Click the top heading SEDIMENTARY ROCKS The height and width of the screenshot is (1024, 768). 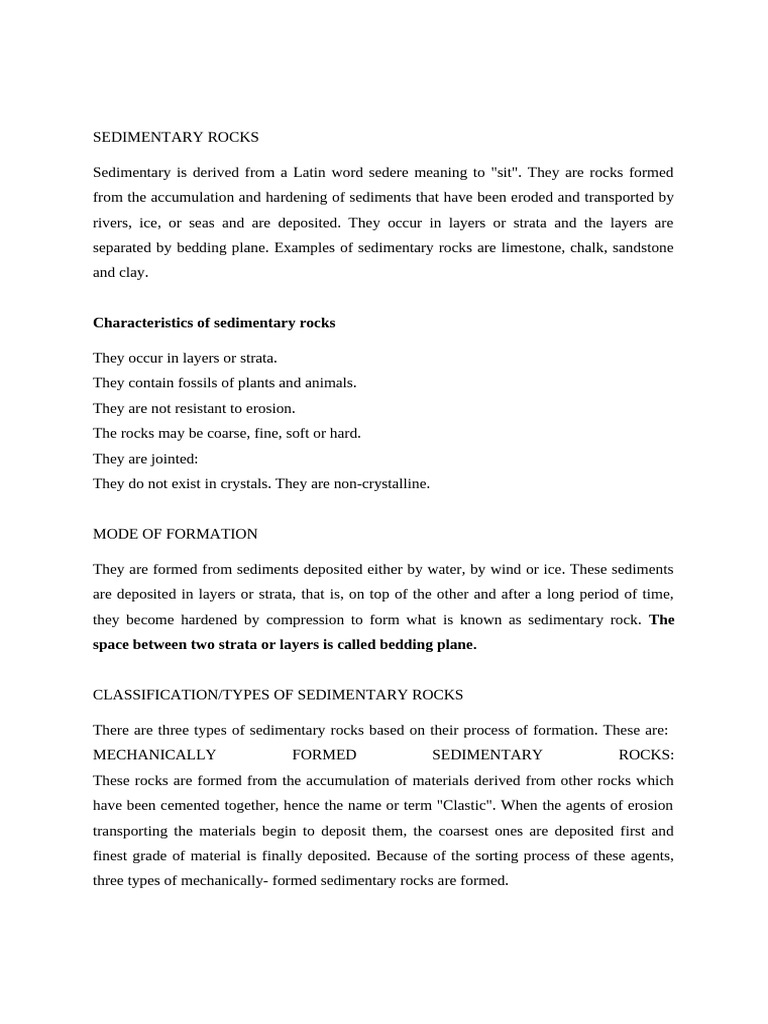click(175, 136)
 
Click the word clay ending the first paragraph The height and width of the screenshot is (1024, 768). click(138, 271)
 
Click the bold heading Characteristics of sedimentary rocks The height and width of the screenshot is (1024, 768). click(214, 323)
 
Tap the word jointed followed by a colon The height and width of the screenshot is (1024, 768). click(174, 458)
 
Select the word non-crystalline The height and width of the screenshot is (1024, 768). click(380, 483)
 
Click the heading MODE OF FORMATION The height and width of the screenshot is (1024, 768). click(175, 534)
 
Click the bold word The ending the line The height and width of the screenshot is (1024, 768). click(661, 619)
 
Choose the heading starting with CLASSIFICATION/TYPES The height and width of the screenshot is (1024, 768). click(278, 695)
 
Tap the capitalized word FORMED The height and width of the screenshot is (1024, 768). click(326, 755)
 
